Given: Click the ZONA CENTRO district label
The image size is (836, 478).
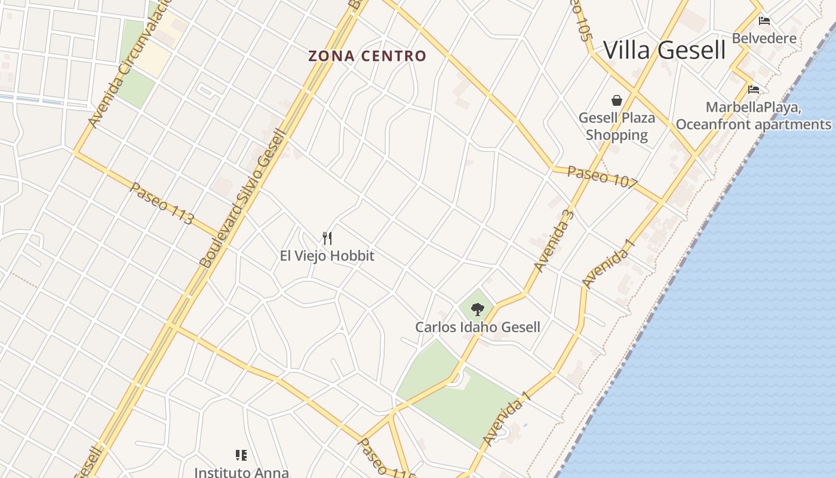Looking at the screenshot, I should (367, 56).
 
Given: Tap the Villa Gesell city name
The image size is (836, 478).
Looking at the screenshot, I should (665, 50).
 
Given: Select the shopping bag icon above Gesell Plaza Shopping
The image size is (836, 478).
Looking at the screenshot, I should (616, 100).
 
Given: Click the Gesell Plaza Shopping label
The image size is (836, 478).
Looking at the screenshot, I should (617, 126).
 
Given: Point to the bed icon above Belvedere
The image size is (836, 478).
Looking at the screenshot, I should (764, 21).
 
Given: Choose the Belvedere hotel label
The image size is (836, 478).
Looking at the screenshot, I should (764, 38).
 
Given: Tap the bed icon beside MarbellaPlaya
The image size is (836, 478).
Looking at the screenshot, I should (754, 90).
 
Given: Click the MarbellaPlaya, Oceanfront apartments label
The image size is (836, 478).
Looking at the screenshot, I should (754, 116).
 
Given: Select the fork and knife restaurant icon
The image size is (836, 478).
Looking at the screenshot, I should (327, 238).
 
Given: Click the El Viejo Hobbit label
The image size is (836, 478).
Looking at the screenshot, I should (327, 256).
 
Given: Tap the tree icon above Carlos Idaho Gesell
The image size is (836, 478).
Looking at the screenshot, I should (477, 309).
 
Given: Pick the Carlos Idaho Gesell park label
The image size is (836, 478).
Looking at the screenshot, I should (478, 327).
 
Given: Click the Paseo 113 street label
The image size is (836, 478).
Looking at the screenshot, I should (162, 203).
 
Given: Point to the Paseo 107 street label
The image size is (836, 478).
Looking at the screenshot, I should (602, 177).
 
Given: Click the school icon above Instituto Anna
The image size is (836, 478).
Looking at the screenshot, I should (241, 455).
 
